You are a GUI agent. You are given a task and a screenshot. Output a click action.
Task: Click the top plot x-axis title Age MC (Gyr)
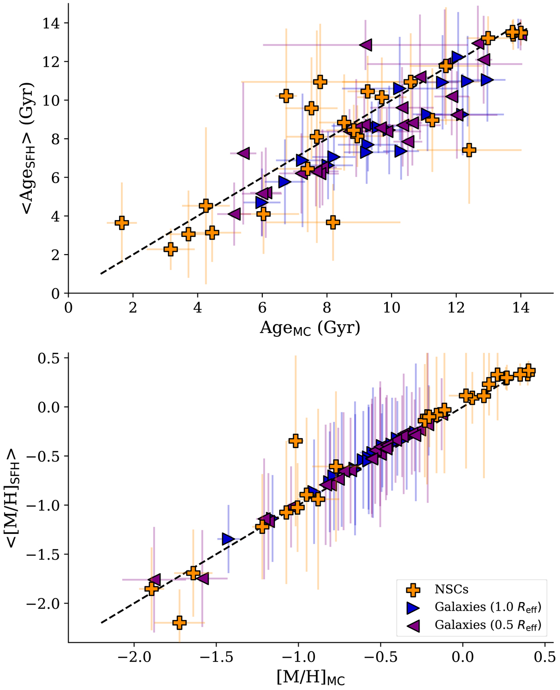(310, 327)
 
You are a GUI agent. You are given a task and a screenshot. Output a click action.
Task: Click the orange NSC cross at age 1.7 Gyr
(122, 223)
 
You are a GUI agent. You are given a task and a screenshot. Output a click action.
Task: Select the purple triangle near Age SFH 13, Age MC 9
(365, 45)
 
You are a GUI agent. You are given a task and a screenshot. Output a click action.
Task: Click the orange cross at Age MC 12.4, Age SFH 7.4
(469, 150)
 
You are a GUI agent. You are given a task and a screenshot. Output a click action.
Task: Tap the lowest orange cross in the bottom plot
(179, 622)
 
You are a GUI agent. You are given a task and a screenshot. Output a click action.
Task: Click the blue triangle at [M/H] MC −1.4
(228, 539)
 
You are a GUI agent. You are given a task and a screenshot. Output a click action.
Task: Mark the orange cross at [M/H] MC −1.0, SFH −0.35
(295, 440)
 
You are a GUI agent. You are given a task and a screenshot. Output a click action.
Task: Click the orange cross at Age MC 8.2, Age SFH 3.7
(333, 222)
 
